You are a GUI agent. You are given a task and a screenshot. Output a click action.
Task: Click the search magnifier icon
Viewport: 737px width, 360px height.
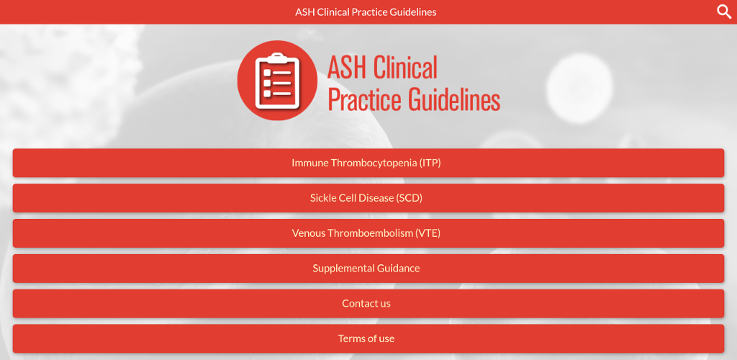724,12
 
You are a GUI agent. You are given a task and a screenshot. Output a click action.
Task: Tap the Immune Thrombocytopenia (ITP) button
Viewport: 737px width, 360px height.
368,163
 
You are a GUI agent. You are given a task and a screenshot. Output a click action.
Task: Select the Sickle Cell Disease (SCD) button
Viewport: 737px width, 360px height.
368,198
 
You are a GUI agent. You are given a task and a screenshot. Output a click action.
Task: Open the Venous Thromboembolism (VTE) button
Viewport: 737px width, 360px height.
368,233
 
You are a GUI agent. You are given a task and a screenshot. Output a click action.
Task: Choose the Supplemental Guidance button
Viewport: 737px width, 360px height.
368,269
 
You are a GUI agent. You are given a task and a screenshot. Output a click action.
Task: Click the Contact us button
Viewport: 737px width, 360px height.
368,304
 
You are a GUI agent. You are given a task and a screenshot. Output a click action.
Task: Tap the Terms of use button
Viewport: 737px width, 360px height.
368,338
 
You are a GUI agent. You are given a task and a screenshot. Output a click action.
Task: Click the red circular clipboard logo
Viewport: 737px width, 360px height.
277,81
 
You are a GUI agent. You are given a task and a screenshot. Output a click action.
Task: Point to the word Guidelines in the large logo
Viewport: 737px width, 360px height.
454,99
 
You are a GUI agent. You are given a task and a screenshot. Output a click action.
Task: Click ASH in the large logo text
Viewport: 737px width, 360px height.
348,68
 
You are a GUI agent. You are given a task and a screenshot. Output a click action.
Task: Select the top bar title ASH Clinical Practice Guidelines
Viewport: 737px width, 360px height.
366,12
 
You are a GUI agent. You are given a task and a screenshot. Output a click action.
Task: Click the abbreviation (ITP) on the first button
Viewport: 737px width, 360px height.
430,163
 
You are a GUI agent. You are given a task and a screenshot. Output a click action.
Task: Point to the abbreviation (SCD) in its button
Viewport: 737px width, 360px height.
410,198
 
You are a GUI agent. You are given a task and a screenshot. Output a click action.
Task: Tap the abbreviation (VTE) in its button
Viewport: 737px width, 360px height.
428,233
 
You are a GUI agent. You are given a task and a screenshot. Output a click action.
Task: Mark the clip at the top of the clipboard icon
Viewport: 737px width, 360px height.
277,58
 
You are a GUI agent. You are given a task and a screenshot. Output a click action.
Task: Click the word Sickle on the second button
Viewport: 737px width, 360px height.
322,198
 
